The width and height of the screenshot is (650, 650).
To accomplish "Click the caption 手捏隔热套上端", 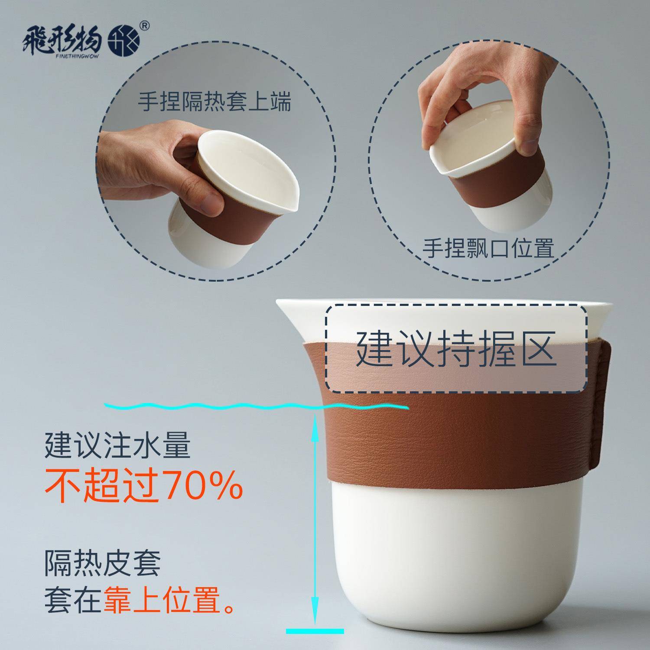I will point(214,103).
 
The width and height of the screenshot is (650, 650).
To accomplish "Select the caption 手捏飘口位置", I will point(488,248).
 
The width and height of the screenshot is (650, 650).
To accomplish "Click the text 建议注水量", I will point(117,445).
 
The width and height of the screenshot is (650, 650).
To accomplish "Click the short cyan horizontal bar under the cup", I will point(315,631).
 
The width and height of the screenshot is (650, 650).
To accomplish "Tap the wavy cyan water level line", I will point(256,406).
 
